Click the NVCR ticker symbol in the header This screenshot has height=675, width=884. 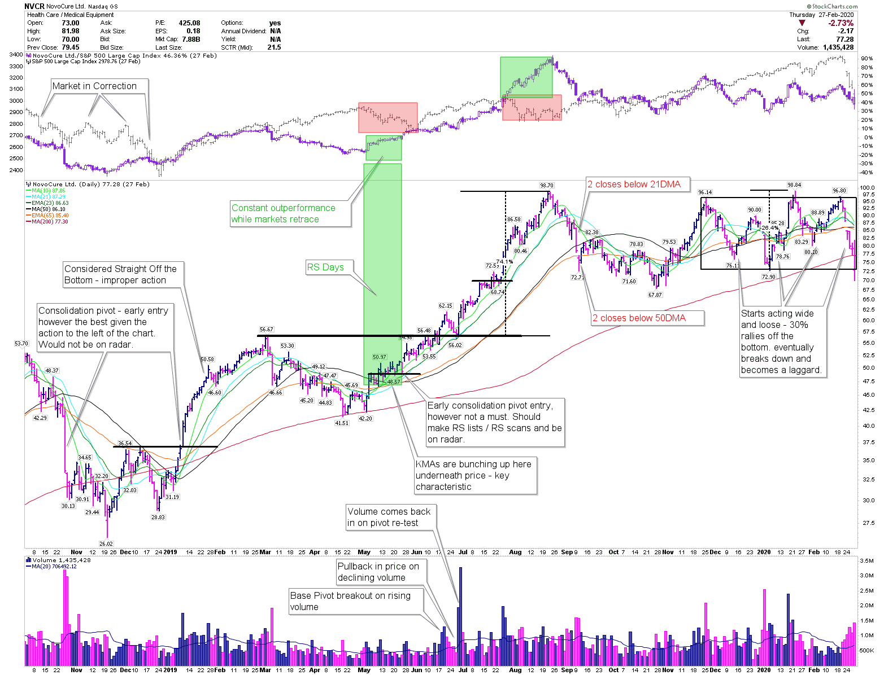tap(34, 6)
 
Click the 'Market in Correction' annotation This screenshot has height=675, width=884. tap(94, 86)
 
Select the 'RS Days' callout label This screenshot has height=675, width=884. tap(325, 267)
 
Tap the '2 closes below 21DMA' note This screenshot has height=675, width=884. tap(634, 184)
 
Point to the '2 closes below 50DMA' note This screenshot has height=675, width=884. tap(639, 318)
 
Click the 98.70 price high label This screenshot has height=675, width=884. tap(546, 185)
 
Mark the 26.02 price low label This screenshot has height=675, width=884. tap(106, 543)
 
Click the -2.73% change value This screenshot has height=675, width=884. tap(841, 23)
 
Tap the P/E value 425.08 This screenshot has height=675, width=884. tap(189, 23)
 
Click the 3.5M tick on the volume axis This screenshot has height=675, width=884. tap(866, 561)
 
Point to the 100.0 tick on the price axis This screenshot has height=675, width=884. tap(867, 187)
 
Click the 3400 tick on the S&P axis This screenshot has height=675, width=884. tap(16, 55)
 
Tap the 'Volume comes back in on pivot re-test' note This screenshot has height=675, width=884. tap(389, 517)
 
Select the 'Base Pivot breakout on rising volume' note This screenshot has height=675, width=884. tap(350, 601)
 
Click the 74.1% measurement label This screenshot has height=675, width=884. tap(504, 261)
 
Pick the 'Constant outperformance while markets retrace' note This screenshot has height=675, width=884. tap(283, 213)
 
